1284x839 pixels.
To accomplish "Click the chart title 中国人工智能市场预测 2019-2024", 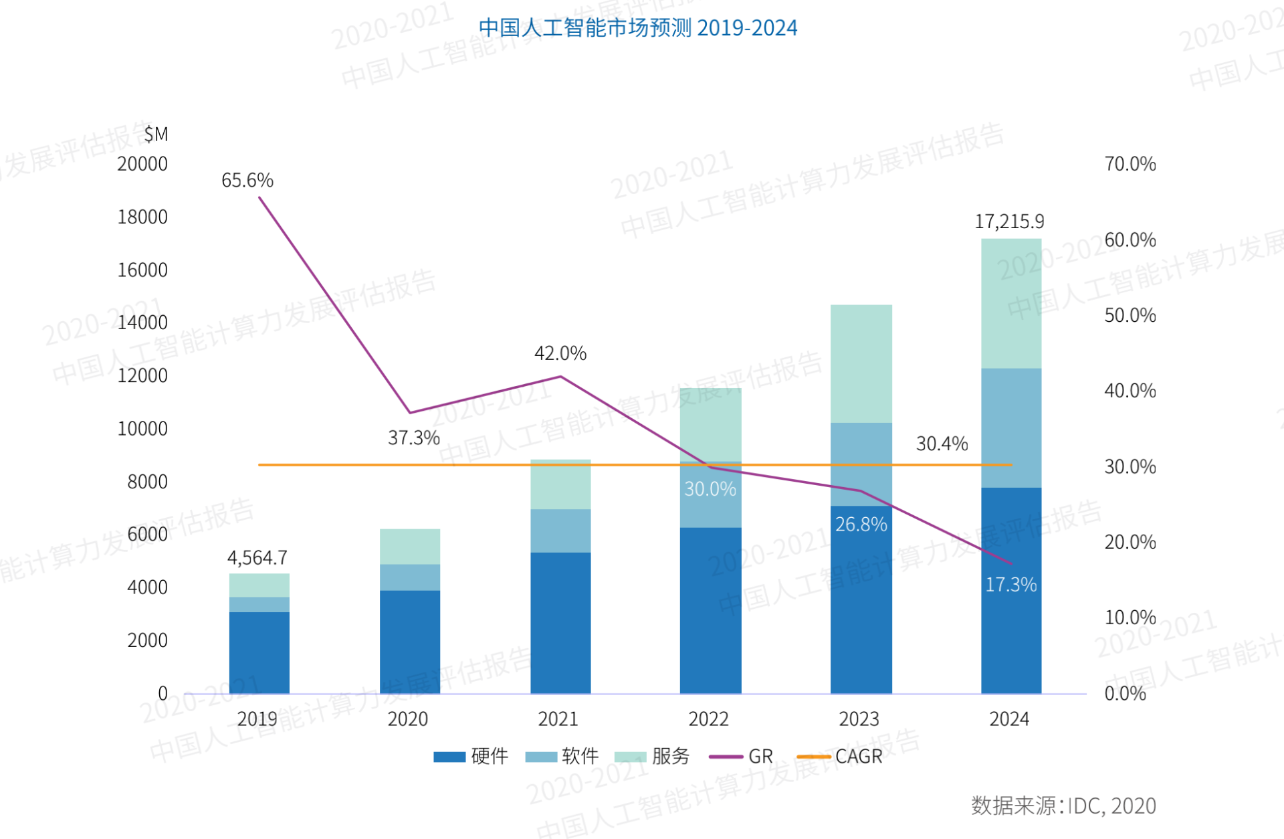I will (x=637, y=28).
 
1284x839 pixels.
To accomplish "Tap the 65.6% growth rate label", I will (x=247, y=180).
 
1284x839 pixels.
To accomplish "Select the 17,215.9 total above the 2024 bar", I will (x=1008, y=221).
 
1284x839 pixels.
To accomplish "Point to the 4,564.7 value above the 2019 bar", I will (x=257, y=557).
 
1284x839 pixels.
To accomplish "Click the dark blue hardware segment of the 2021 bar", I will (x=560, y=622).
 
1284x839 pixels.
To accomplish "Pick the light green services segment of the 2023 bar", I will (x=861, y=363).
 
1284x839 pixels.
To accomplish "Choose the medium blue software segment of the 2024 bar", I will (x=1010, y=428).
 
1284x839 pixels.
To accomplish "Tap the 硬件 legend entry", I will (x=471, y=757).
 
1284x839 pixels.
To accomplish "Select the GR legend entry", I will (x=742, y=757).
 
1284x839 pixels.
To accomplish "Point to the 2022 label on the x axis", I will (x=708, y=719).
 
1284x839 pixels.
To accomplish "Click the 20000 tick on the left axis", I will (x=142, y=164).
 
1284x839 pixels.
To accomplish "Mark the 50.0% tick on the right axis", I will (x=1130, y=315).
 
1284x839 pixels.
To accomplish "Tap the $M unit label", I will (x=156, y=134).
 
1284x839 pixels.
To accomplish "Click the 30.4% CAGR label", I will (x=942, y=444).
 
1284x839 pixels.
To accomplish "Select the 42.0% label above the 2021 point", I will (x=560, y=353).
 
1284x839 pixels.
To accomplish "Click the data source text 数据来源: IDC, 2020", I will (x=1063, y=806).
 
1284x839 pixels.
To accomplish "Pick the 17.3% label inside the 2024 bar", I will (x=1010, y=585).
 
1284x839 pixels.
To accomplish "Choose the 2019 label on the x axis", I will (x=257, y=719).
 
